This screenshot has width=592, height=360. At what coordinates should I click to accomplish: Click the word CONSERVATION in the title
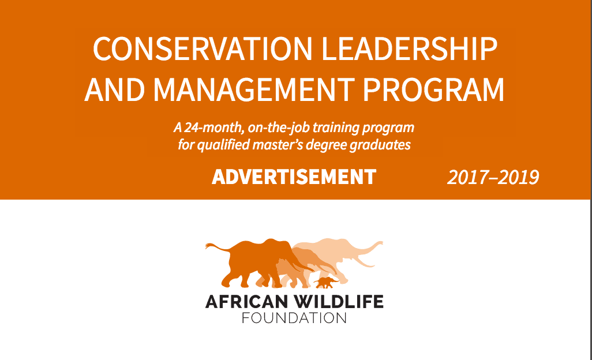pyautogui.click(x=203, y=49)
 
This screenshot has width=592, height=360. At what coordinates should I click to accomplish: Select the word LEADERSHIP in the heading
pyautogui.click(x=410, y=49)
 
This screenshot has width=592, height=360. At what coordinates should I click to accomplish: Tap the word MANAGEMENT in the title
pyautogui.click(x=254, y=90)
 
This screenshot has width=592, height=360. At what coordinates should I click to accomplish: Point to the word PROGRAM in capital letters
pyautogui.click(x=433, y=90)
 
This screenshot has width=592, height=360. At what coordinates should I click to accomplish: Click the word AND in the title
pyautogui.click(x=114, y=90)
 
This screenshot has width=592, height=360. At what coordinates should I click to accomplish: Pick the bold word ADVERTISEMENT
pyautogui.click(x=294, y=177)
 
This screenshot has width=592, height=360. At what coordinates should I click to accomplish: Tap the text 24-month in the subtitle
pyautogui.click(x=214, y=127)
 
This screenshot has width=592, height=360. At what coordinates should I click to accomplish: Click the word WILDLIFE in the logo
pyautogui.click(x=339, y=302)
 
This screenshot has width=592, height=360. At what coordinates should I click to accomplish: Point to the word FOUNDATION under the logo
pyautogui.click(x=294, y=318)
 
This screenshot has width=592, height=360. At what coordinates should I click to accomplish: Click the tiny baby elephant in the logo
pyautogui.click(x=325, y=282)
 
